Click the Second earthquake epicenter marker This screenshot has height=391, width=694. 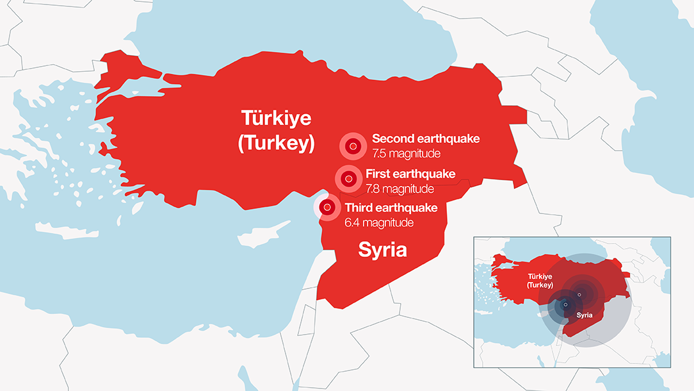tap(352, 147)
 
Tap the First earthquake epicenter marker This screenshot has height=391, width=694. tap(348, 179)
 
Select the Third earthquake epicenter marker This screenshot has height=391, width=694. tap(327, 207)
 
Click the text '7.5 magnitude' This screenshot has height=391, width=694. tap(407, 154)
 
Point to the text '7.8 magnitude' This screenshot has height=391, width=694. tap(399, 189)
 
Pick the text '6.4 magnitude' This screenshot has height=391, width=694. tap(379, 222)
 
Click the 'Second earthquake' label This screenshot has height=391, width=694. tap(425, 138)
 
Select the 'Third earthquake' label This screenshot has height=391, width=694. tap(391, 208)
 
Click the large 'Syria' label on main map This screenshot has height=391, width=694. tap(382, 249)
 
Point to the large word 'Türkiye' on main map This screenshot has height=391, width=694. tap(276, 118)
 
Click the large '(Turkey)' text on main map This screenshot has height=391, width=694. tap(276, 144)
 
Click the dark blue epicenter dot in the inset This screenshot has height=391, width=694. tap(565, 304)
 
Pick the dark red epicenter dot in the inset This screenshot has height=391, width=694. tap(579, 295)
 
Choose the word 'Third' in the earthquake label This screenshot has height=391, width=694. tap(360, 208)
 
